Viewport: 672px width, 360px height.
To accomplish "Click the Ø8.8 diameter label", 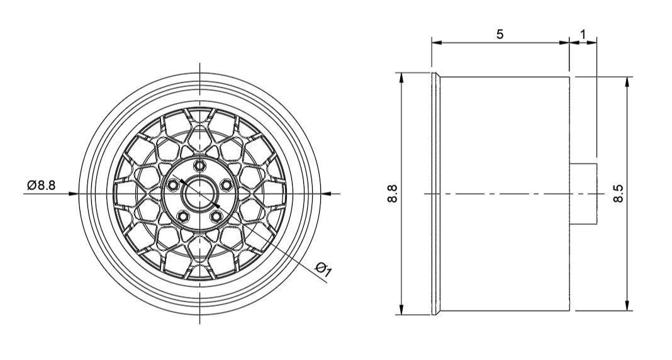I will point(42,185).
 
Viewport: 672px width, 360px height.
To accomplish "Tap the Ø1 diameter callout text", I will point(324,269).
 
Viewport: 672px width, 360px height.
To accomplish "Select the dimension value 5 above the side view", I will point(500,34).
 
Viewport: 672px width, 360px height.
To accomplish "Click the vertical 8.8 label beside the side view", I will point(393,193).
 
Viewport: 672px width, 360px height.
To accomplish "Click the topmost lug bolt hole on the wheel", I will point(200,166).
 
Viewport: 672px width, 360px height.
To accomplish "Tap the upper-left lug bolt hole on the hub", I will point(172,185).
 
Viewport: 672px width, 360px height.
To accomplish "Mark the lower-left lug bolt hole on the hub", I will point(182,217).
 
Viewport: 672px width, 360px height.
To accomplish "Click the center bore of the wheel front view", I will point(199,193).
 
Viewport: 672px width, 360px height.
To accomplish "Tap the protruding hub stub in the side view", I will point(583,193).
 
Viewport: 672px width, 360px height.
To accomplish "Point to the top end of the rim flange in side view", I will point(435,75).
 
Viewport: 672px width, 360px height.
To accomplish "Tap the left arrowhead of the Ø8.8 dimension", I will point(73,193).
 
